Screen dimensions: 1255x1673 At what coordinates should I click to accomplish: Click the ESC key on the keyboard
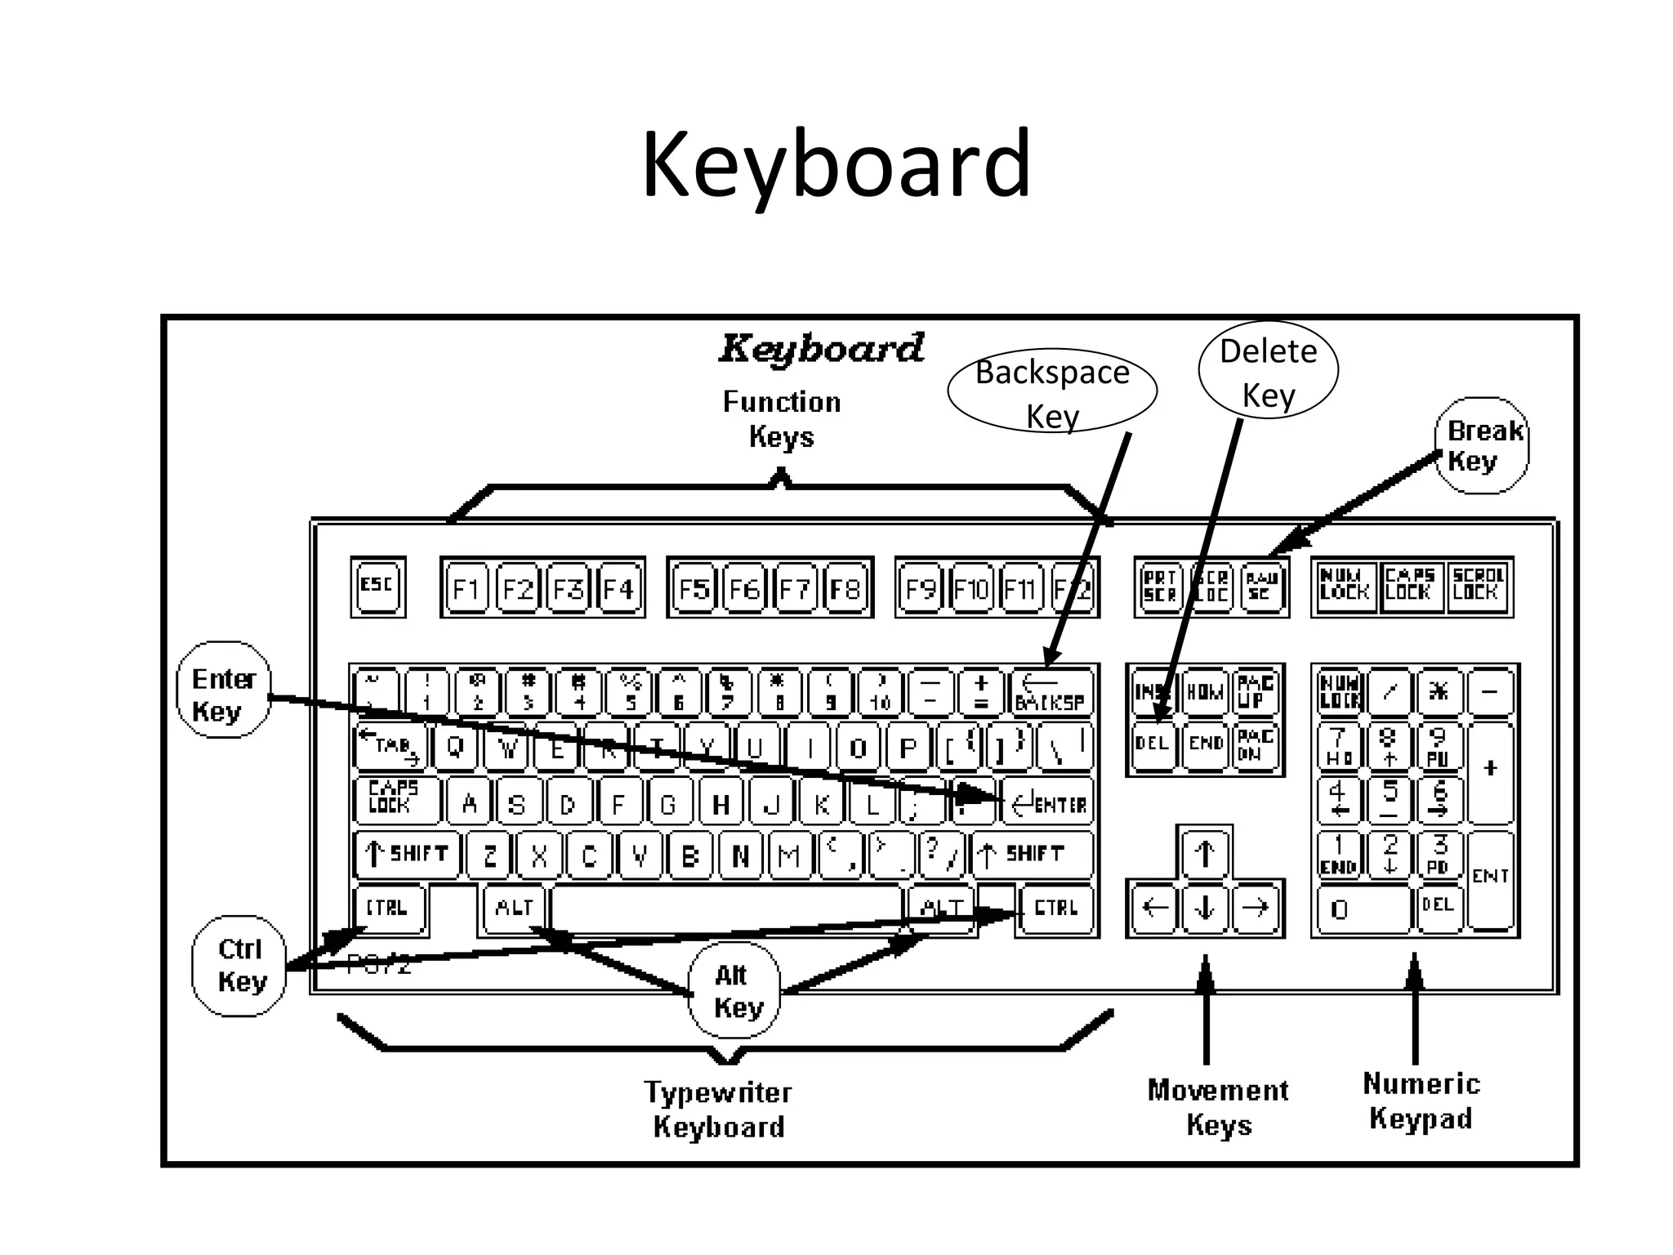[x=377, y=587]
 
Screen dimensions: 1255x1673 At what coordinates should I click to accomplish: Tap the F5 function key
[x=694, y=588]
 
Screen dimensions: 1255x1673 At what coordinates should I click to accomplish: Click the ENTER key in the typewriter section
[x=1048, y=804]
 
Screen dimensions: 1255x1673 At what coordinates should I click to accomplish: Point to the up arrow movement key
[x=1204, y=854]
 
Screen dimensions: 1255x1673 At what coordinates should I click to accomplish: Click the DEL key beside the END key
[x=1152, y=744]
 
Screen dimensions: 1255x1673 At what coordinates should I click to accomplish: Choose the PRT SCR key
[x=1159, y=587]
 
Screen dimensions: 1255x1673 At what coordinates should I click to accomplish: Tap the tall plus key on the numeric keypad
[x=1490, y=770]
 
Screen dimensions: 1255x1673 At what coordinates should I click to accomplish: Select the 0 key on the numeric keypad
[x=1362, y=909]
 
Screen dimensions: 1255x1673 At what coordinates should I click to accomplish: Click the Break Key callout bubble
[x=1482, y=445]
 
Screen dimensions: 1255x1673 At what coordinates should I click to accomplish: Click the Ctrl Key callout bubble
[x=240, y=965]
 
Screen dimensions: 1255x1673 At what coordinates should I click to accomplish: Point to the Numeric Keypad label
[x=1421, y=1101]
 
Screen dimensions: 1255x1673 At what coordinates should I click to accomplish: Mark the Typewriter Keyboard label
[x=718, y=1109]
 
